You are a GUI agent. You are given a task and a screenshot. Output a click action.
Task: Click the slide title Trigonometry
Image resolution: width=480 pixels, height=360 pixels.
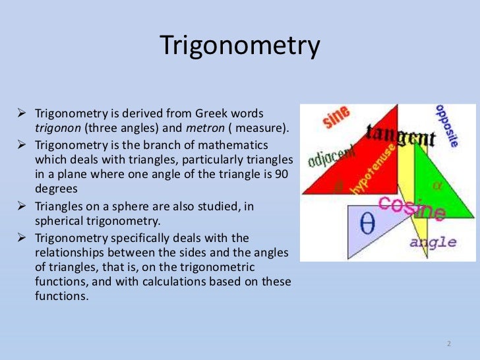pos(240,47)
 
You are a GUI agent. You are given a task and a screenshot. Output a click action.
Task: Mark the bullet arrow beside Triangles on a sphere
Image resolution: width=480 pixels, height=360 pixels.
pos(26,207)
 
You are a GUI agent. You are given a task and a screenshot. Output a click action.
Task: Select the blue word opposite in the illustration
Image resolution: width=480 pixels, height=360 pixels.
pos(444,126)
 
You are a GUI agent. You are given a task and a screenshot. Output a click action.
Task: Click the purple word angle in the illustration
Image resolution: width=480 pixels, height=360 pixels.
pos(433,242)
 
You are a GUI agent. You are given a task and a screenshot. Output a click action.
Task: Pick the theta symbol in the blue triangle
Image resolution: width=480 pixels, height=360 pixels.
pos(368,224)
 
